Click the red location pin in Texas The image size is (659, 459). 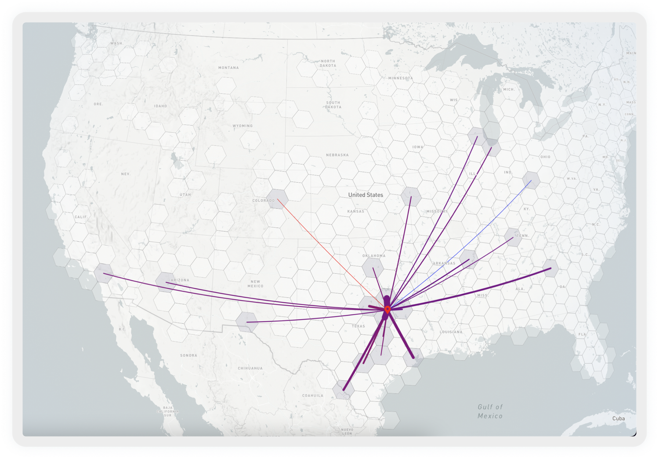[387, 310]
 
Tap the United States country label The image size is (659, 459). [366, 195]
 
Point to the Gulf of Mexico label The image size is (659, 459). [490, 412]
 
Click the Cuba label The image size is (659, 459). [618, 418]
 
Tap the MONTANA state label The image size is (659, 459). [228, 68]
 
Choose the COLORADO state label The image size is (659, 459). [263, 201]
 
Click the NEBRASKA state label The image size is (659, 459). [337, 155]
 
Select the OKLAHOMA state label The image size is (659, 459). [374, 255]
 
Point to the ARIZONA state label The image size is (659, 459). [180, 280]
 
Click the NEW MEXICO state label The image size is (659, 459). [255, 284]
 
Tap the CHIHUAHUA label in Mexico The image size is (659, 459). [250, 368]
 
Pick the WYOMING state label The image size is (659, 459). [243, 126]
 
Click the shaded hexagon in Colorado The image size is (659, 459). [277, 199]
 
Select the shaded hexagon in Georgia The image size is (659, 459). [550, 268]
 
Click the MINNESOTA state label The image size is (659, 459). [400, 78]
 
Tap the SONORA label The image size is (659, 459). [188, 355]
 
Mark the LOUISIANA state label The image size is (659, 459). [451, 332]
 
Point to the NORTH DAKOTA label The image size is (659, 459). [328, 63]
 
